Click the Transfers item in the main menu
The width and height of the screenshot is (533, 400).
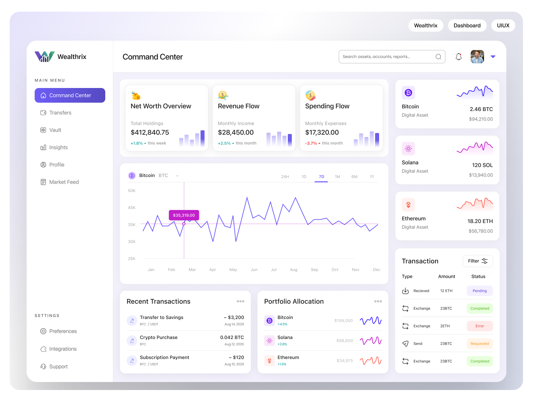coord(60,113)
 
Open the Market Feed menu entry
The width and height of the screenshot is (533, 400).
coord(64,182)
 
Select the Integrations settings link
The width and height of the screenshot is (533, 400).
coord(63,349)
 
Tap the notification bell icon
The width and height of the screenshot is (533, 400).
coord(459,57)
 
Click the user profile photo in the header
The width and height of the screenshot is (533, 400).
coord(477,57)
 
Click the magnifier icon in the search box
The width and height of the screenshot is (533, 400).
coord(438,57)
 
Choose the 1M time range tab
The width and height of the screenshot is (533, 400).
coord(337,177)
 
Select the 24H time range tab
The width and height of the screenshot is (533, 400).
coord(285,177)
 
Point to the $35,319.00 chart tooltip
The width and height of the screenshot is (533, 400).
coord(184,215)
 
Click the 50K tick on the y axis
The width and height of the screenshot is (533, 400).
coord(132,191)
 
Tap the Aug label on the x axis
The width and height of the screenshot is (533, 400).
coord(293,270)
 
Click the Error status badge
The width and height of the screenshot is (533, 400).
coord(480,326)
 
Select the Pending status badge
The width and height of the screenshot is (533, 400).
coord(480,291)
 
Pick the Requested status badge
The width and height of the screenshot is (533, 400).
coord(480,344)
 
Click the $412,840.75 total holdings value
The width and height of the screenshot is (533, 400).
coord(150,132)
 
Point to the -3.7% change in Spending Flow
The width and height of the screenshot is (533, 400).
coord(311,143)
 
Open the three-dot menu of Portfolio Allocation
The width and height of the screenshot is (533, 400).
coord(378,301)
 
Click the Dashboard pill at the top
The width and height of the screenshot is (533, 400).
coord(467,26)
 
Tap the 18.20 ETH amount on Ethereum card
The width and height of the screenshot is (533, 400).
coord(480,221)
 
